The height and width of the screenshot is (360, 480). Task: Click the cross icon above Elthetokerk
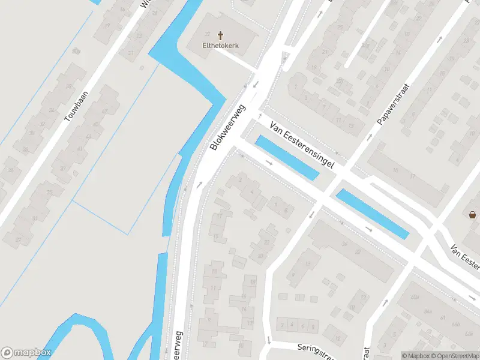pos(220,36)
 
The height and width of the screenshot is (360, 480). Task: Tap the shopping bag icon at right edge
pos(473,214)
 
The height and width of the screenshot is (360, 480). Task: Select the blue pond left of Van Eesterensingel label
pos(287,157)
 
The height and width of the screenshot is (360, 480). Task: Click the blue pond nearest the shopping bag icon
pos(372,214)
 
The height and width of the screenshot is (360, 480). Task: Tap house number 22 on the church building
pos(208,34)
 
